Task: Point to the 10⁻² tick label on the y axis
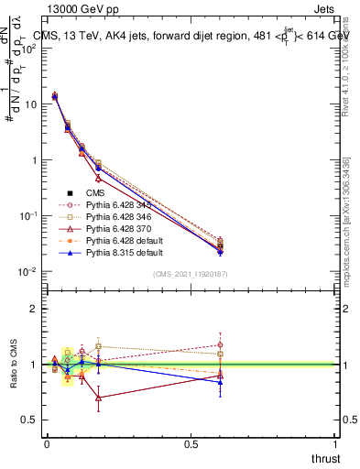pos(29,272)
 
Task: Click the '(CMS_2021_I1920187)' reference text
pos(191,275)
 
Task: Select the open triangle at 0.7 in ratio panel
pos(98,398)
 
